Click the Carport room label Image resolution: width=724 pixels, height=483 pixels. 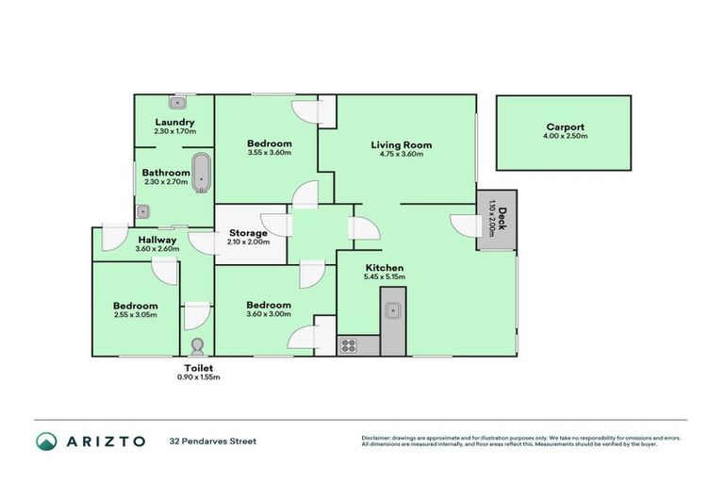[565, 127]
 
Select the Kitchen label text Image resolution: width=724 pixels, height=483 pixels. [384, 268]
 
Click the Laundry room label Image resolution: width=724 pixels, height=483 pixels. [174, 122]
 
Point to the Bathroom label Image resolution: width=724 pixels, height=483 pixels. [167, 173]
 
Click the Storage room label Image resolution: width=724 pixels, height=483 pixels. [249, 233]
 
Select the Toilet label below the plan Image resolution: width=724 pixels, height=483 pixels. [198, 368]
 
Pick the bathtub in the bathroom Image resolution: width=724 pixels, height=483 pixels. [202, 173]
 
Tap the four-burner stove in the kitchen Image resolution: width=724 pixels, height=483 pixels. [349, 345]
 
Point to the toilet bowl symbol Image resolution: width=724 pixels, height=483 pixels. [198, 345]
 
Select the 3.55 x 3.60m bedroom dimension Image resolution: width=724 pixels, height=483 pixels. [270, 153]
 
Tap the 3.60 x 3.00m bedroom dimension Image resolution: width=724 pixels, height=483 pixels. [269, 315]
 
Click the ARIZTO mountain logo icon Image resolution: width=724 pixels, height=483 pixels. [47, 441]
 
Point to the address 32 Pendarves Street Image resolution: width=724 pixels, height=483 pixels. [212, 441]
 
